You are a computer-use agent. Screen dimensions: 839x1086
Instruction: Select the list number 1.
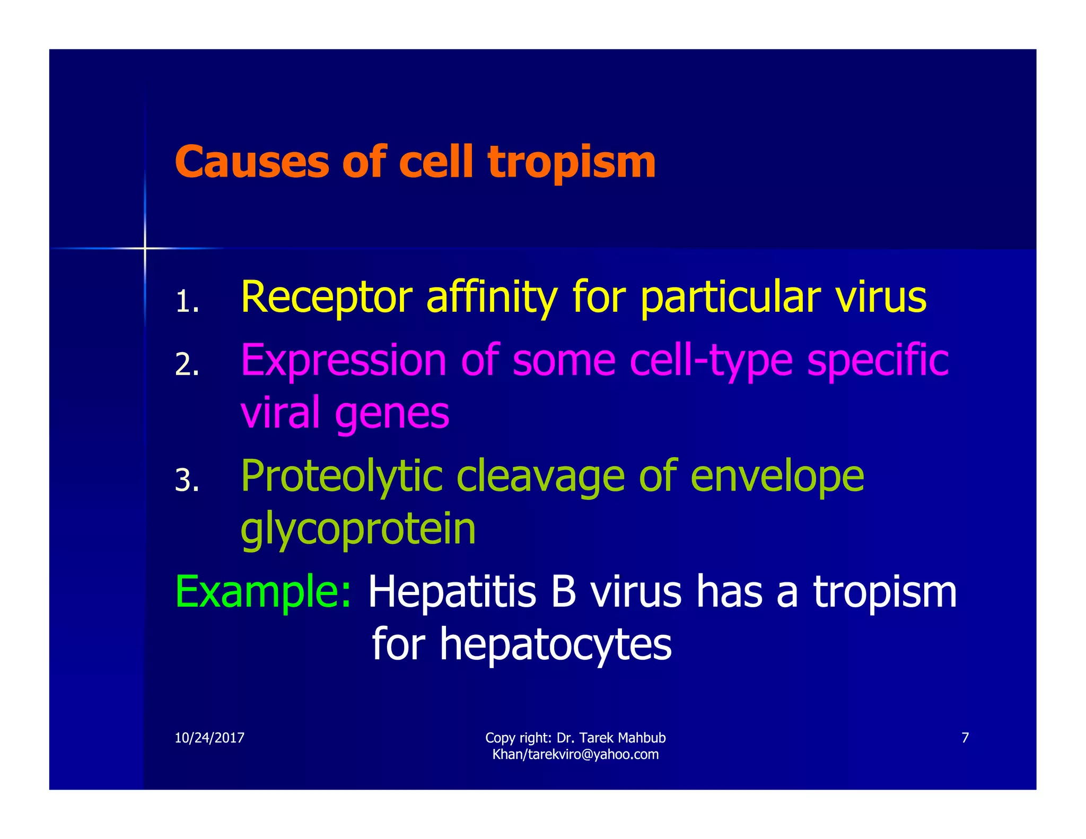[x=186, y=302]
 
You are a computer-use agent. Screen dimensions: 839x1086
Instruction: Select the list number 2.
[x=187, y=365]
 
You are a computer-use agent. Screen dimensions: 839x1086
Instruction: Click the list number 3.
[x=187, y=480]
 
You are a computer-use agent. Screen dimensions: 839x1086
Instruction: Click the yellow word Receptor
[x=326, y=298]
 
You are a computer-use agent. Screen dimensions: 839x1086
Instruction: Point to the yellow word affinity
[x=492, y=298]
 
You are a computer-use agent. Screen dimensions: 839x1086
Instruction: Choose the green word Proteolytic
[x=341, y=476]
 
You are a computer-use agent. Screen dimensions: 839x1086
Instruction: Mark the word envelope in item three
[x=777, y=476]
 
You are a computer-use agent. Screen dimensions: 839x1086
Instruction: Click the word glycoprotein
[x=358, y=529]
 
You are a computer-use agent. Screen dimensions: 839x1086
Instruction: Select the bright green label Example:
[x=262, y=592]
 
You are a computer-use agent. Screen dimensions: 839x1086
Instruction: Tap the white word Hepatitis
[x=452, y=592]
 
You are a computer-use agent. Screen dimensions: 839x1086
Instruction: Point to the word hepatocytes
[x=555, y=645]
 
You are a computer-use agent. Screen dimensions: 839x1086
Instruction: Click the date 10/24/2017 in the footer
[x=209, y=738]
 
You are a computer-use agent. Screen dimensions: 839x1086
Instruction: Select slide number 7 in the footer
[x=965, y=738]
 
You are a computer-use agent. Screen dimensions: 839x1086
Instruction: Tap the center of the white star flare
[x=144, y=248]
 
